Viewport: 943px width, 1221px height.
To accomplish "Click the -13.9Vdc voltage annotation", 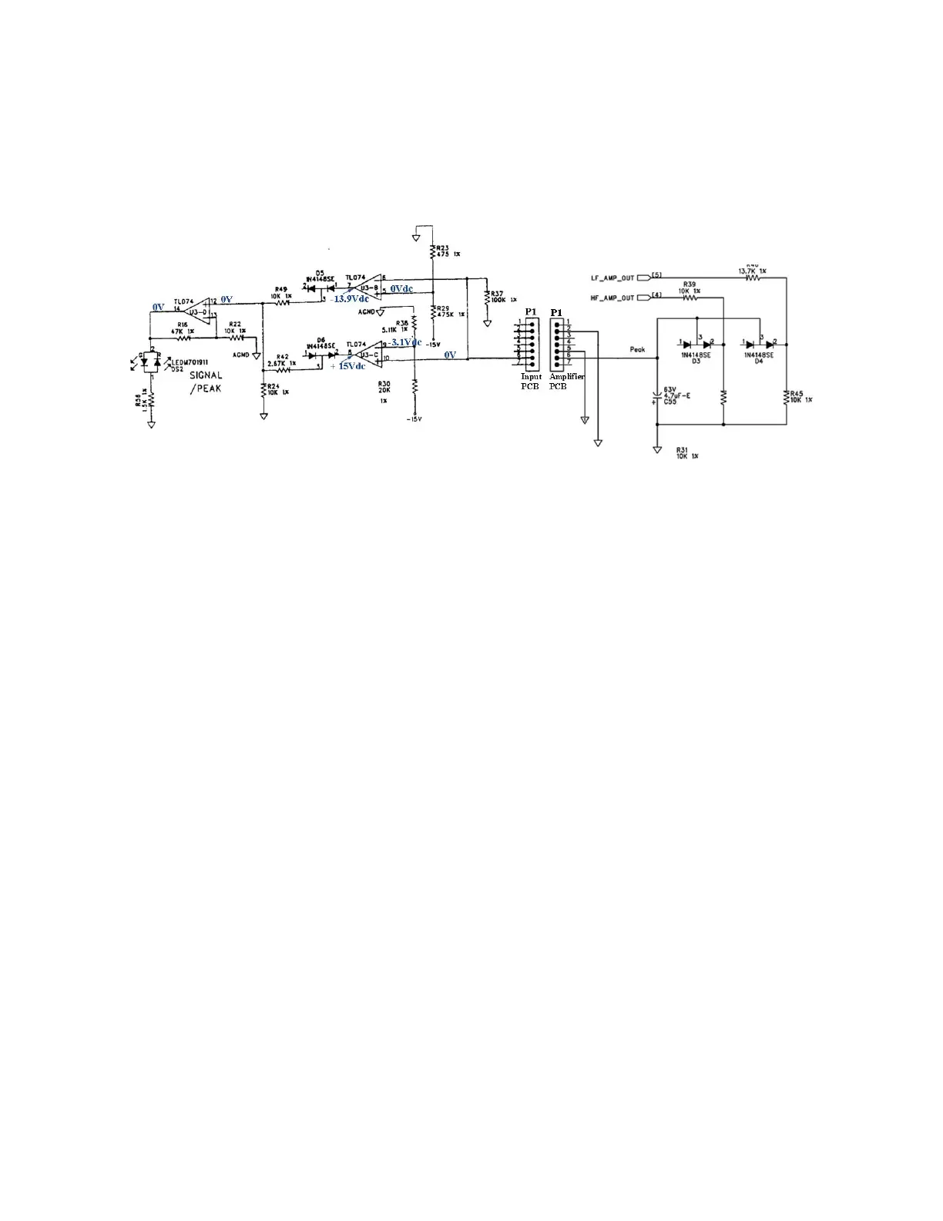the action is pos(350,299).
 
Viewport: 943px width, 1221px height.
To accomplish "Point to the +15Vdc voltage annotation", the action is pos(347,366).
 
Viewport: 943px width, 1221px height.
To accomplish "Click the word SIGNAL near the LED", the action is pos(206,375).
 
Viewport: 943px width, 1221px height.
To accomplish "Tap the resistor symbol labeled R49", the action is pos(280,302).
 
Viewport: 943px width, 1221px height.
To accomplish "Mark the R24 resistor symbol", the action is pos(263,389).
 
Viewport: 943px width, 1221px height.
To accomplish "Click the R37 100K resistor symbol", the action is pos(487,298).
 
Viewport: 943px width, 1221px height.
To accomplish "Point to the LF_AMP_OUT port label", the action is pos(612,277).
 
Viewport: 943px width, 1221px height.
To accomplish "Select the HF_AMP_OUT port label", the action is pos(612,297).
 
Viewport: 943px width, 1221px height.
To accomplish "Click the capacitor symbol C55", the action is pos(656,398).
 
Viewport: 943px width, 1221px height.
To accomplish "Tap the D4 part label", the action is pos(758,361).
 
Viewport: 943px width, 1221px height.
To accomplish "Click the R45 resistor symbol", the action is pos(787,398).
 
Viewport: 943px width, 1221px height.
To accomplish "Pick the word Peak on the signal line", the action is pos(637,350).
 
